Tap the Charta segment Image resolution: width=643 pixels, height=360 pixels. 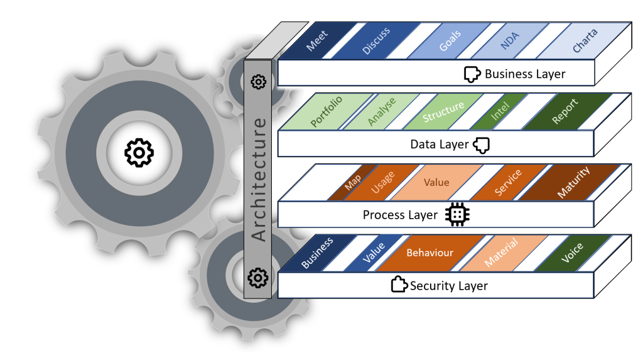click(584, 41)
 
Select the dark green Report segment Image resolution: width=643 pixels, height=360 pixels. click(565, 112)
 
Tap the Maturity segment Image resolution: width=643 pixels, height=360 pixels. click(572, 182)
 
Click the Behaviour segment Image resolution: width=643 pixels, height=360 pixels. click(430, 253)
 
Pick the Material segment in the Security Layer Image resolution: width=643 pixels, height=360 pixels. click(500, 253)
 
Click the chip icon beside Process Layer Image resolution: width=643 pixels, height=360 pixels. click(457, 215)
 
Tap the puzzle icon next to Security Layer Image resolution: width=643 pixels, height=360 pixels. click(399, 285)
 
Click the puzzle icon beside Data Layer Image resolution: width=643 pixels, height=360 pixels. click(481, 145)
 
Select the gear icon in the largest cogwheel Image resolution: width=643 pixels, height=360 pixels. click(139, 153)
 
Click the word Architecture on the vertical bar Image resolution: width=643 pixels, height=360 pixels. click(258, 178)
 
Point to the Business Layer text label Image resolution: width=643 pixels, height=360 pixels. click(525, 74)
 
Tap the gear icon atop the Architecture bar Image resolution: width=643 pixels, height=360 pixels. click(258, 82)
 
